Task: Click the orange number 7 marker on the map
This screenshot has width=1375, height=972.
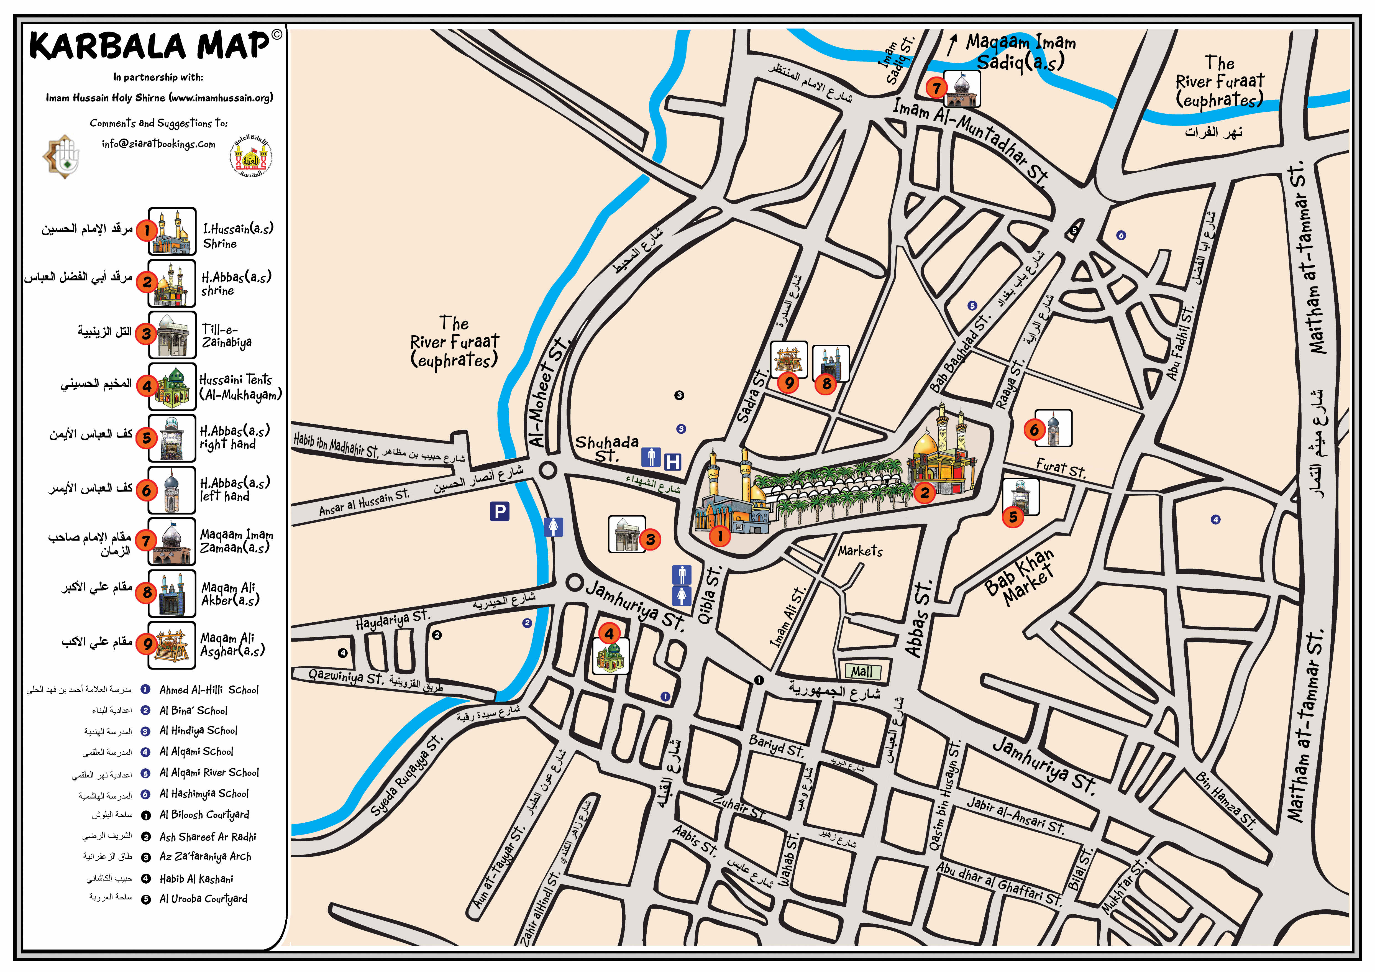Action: [936, 88]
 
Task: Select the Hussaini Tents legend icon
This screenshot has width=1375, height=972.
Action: [172, 386]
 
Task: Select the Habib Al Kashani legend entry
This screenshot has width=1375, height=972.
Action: [196, 879]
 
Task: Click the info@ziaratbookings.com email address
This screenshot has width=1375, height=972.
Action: [158, 144]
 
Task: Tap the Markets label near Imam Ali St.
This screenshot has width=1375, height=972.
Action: [860, 551]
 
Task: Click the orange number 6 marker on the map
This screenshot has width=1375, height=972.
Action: [1034, 429]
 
